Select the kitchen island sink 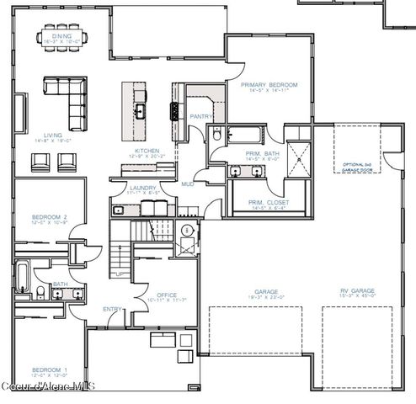coord(140,109)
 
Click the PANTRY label coord(200,117)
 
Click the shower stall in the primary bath coord(298,158)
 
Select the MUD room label coord(187,183)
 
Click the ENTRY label coord(111,309)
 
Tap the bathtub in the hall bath coord(22,282)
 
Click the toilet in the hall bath coord(40,291)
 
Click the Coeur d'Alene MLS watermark coord(48,387)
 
